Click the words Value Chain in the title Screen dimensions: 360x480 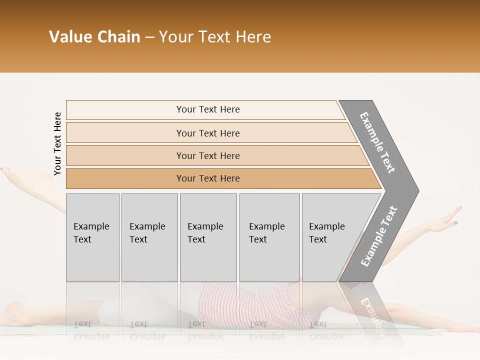(x=94, y=36)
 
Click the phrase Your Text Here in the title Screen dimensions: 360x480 (x=215, y=36)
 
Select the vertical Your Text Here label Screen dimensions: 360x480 (x=57, y=144)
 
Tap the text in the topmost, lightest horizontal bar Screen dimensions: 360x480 (x=208, y=109)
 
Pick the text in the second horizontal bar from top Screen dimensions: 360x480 (x=208, y=133)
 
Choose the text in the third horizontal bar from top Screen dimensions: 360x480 (x=208, y=155)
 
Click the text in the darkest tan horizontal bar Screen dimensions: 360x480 (x=208, y=178)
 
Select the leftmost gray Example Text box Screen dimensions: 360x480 (x=92, y=235)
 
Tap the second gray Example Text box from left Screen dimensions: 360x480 (x=149, y=235)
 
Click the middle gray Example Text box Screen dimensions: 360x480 (x=208, y=235)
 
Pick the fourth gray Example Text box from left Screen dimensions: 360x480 (x=269, y=235)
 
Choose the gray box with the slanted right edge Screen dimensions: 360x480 (x=330, y=235)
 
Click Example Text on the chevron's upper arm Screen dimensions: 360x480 (x=377, y=142)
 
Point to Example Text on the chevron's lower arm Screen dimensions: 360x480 (x=378, y=236)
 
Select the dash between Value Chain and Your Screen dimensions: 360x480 (x=149, y=37)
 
